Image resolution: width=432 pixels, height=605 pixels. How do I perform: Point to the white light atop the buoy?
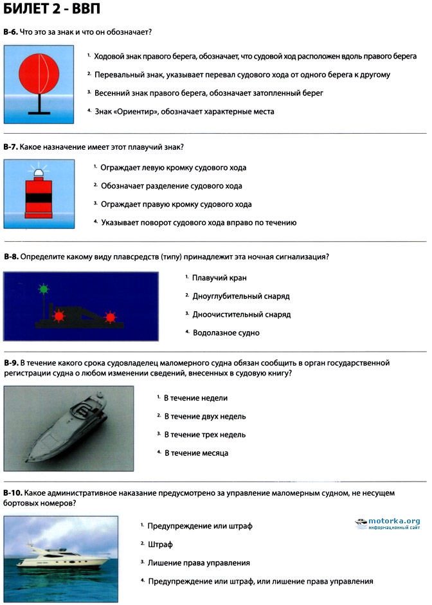pos(38,171)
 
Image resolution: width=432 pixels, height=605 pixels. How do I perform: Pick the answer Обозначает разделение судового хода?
pos(171,186)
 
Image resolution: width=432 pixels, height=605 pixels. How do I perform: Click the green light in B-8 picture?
pos(44,289)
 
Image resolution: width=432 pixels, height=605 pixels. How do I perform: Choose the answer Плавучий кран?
pos(219,278)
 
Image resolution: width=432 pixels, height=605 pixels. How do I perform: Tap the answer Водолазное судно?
pos(226,333)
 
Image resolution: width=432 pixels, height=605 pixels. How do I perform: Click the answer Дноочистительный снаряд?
pos(242,315)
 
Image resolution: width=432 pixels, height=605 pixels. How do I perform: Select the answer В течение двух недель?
pos(204,417)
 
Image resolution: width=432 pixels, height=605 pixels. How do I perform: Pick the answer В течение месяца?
pos(196,453)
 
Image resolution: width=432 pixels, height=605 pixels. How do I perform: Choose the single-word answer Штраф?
pos(161,544)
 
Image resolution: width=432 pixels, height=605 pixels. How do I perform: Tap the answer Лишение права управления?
pos(198,563)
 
